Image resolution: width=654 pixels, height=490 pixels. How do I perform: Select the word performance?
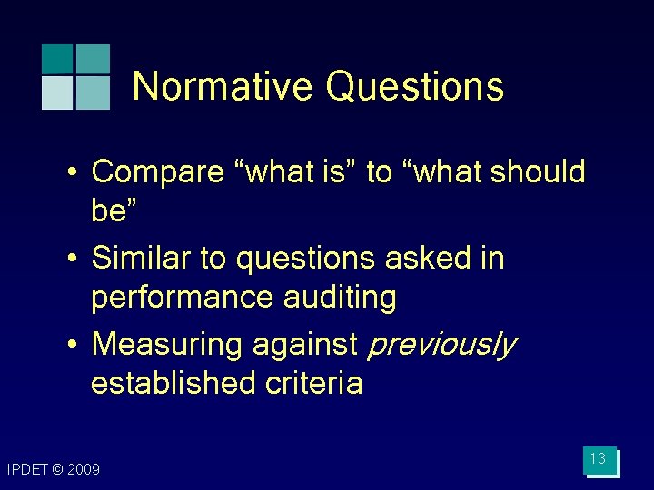pyautogui.click(x=188, y=298)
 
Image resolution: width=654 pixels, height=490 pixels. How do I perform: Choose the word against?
pyautogui.click(x=306, y=345)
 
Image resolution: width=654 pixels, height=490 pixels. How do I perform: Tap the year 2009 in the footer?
pyautogui.click(x=83, y=469)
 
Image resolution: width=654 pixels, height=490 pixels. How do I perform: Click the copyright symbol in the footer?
pyautogui.click(x=57, y=469)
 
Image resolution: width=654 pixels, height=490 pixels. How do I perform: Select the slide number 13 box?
pyautogui.click(x=599, y=460)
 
